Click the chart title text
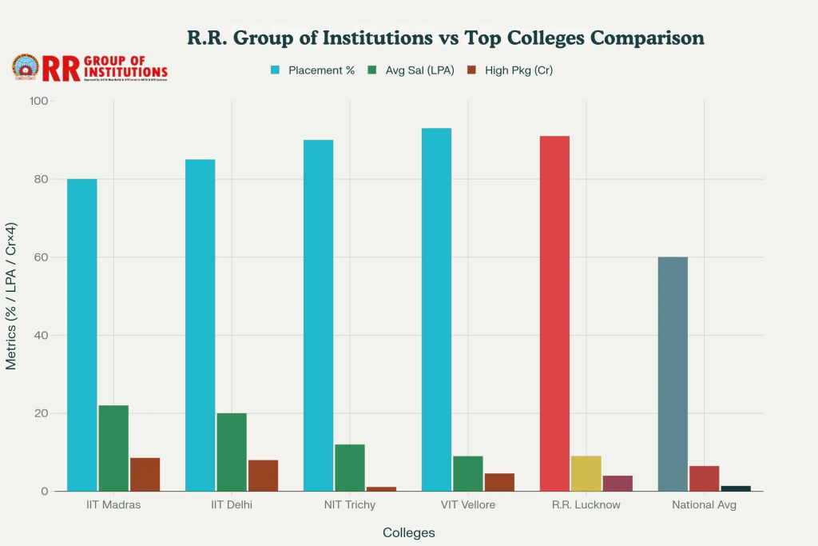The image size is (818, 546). (445, 38)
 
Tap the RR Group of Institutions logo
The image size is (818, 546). (89, 69)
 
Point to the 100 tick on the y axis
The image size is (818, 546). (38, 102)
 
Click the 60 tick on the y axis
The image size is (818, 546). (42, 257)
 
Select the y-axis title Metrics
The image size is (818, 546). (11, 297)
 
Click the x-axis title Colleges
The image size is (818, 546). (409, 532)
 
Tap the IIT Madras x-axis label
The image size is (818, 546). (113, 505)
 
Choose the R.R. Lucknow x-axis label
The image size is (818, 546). (586, 505)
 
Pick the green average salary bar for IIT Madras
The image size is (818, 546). (113, 448)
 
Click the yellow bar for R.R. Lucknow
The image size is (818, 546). (586, 473)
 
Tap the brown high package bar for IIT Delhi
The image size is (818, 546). (263, 476)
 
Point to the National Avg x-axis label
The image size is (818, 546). (705, 505)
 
